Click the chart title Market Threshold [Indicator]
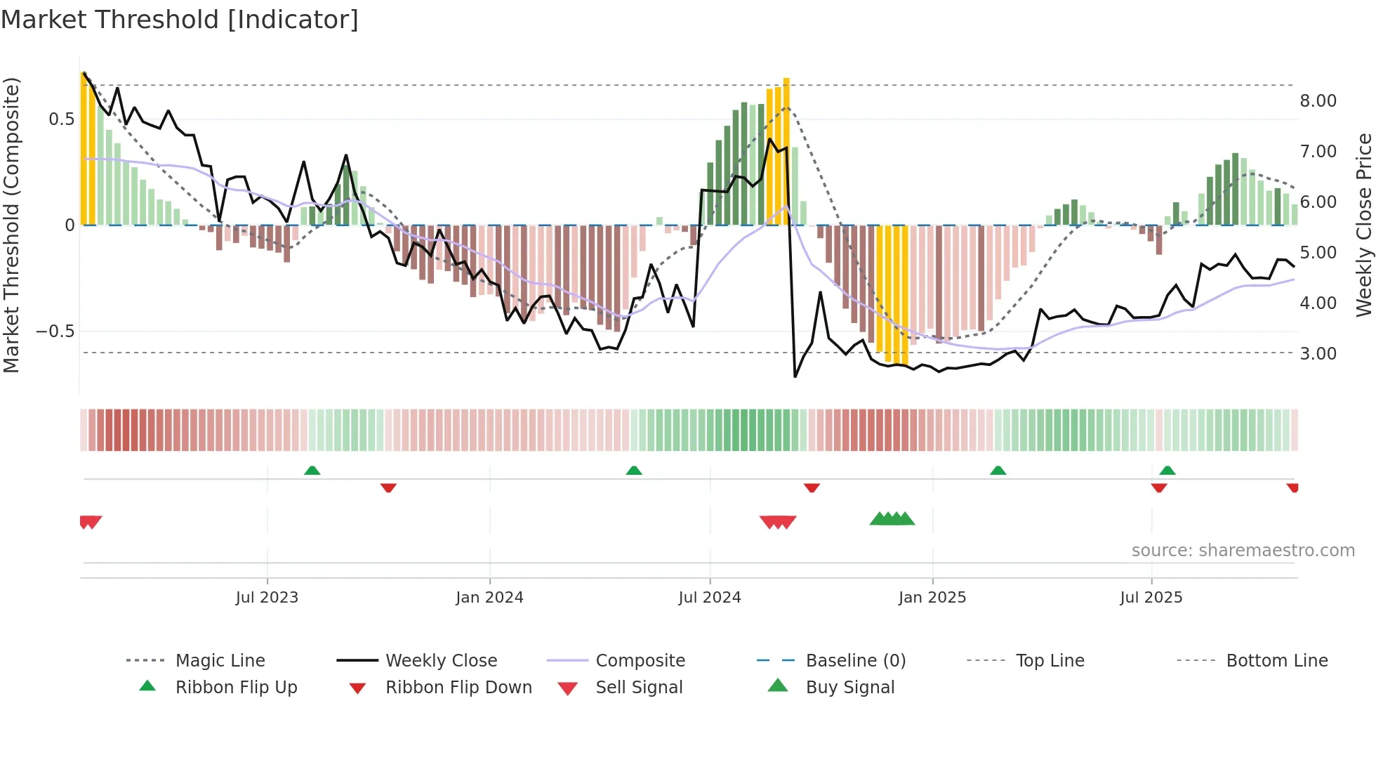(x=180, y=20)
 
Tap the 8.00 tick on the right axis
(x=1318, y=101)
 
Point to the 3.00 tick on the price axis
(x=1318, y=354)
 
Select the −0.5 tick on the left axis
(x=55, y=332)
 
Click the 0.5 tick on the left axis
(x=61, y=119)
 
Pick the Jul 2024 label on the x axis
(x=709, y=598)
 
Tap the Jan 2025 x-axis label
(x=932, y=598)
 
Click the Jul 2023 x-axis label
(x=267, y=598)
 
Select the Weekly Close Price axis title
(x=1363, y=225)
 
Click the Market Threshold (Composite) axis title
(x=11, y=225)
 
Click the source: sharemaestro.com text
(x=1243, y=551)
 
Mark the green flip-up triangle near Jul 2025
(x=1167, y=471)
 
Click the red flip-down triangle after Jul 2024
(x=812, y=487)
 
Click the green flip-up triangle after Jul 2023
(x=312, y=471)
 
